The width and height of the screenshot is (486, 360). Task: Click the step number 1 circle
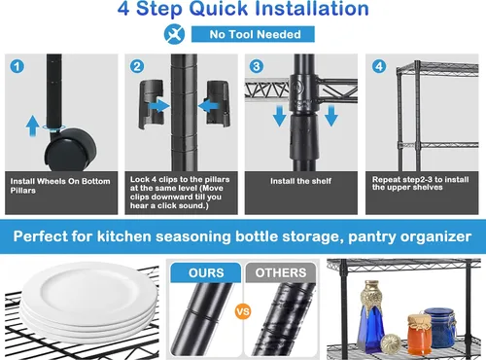pos(17,66)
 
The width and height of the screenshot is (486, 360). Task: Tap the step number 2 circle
pos(137,66)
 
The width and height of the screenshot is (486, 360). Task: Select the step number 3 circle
pos(257,66)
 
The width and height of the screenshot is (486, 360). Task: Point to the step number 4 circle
pos(379,66)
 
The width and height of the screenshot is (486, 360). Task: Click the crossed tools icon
pos(174,34)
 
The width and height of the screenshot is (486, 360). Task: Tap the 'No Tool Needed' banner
pos(253,34)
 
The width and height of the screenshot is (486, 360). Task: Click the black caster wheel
pos(70,150)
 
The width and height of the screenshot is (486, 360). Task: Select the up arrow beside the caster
pos(32,126)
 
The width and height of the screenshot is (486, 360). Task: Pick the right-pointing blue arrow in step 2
pos(158,106)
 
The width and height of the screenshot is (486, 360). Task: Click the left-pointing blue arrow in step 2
pos(209,106)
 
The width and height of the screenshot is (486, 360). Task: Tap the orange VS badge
pos(243,311)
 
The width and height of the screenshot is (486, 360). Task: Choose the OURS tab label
pos(206,272)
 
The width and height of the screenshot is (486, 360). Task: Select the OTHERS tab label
pos(281,272)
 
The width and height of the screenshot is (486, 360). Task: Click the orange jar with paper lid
pos(419,335)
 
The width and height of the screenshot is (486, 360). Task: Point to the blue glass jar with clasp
pos(440,328)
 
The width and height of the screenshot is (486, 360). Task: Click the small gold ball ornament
pos(391,343)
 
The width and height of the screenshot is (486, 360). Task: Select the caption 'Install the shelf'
pos(300,181)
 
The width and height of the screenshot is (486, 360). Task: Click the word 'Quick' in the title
pos(218,9)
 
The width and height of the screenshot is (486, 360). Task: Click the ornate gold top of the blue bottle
pos(371,298)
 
